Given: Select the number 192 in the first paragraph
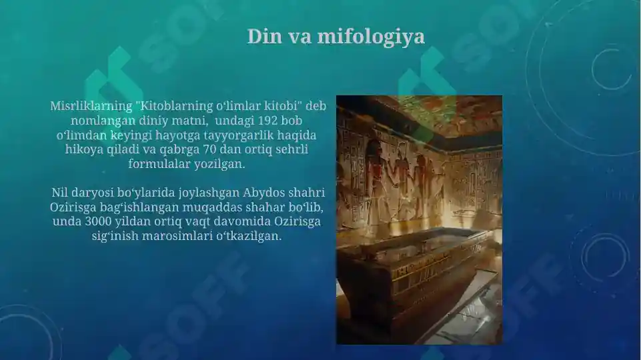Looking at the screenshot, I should point(257,121).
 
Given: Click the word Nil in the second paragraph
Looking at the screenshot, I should point(60,193).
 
